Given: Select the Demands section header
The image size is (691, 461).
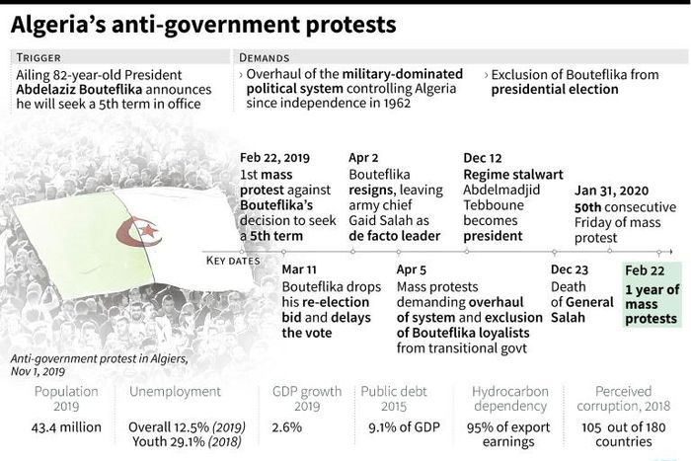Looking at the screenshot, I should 267,57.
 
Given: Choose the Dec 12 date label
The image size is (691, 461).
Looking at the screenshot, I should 483,157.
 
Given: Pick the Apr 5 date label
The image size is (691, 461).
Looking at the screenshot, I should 413,269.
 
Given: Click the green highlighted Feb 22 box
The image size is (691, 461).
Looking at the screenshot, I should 652,295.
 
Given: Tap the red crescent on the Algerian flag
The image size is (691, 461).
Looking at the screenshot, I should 129,233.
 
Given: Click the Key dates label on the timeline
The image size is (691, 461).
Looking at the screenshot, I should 233,261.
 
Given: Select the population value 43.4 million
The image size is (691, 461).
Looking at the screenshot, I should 66,425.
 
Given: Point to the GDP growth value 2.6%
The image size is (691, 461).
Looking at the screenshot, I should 287,425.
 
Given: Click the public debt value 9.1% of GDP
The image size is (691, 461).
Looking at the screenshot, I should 400,425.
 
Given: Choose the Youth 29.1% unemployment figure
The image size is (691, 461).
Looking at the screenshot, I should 188,442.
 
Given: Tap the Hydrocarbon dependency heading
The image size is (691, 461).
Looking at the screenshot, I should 510,398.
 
